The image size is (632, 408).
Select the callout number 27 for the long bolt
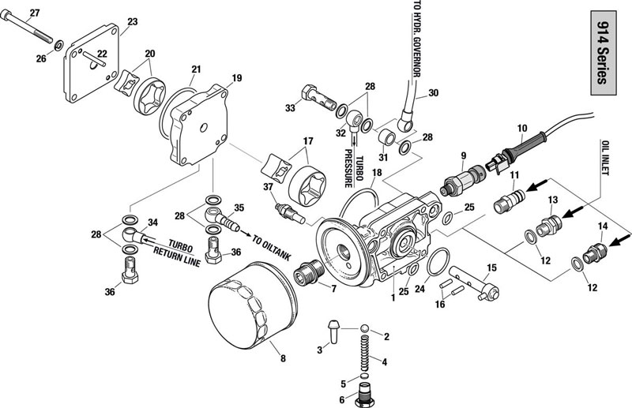[x=33, y=12]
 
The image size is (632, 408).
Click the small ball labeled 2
[x=366, y=328]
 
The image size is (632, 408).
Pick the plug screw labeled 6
[x=365, y=394]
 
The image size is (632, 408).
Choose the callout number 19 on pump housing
[x=235, y=77]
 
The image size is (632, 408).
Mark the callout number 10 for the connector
[x=521, y=127]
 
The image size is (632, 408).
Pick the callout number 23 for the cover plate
[x=132, y=21]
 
